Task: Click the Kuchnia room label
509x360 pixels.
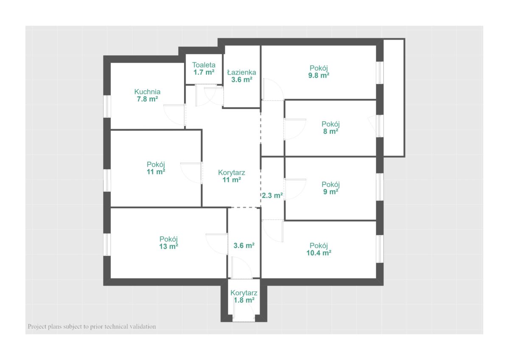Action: tap(147, 92)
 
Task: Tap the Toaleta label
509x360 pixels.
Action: tap(204, 65)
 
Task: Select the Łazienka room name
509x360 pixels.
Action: tap(241, 73)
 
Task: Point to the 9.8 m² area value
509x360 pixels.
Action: tap(319, 75)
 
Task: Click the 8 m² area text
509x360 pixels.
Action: tap(330, 131)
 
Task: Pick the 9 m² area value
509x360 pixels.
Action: tap(330, 192)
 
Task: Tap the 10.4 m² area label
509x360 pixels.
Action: tap(319, 253)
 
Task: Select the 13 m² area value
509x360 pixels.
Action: tap(168, 246)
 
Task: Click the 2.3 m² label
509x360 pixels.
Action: tap(272, 195)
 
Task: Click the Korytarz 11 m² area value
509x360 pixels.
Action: tap(232, 180)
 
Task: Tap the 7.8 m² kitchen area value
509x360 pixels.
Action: tap(147, 99)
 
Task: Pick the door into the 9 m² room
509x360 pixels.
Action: tap(295, 189)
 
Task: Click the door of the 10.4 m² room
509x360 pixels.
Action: tap(273, 231)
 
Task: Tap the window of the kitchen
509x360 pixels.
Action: tap(107, 106)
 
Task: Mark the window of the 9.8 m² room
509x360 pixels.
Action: tap(380, 73)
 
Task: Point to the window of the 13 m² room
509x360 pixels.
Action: tap(107, 245)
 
